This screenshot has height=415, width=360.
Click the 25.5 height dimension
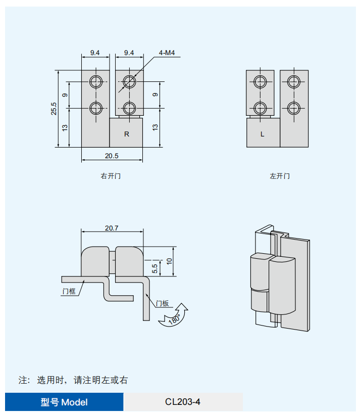coord(54,109)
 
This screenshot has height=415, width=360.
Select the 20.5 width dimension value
coord(112,156)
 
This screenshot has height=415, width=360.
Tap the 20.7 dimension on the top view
coord(112,228)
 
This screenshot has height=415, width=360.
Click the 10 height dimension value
coord(169,261)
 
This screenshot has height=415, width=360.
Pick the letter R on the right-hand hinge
coord(127,134)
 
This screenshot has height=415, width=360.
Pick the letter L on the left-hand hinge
coord(262,134)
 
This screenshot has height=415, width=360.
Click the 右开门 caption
coord(111,176)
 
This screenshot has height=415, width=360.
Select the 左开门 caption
coord(279,176)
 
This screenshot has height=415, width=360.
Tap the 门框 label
coord(69,291)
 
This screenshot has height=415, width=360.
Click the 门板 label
coord(162,303)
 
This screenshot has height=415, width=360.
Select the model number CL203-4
coord(183,402)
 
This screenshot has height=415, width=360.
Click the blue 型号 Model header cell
coord(64,402)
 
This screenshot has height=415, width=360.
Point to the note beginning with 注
coord(73,380)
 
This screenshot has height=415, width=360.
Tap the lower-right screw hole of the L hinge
coord(293,108)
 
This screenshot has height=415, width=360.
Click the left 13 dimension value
coord(65,127)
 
